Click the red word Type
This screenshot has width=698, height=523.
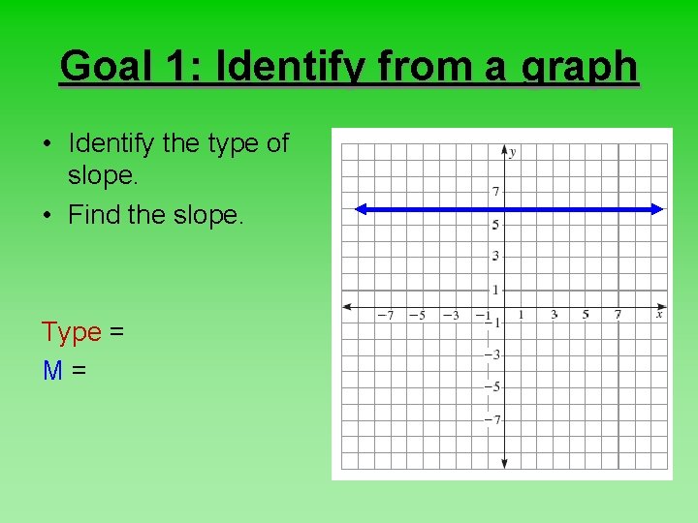coord(72,332)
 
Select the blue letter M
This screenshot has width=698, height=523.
coord(53,369)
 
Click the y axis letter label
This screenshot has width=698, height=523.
coord(513,152)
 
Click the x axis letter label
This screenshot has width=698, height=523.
coord(659,314)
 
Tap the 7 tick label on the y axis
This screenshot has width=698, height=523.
coord(495,192)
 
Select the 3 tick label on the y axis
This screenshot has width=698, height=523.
coord(495,257)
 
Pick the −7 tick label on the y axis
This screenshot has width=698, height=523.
coord(493,419)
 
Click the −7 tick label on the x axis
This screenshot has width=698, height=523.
coord(385,315)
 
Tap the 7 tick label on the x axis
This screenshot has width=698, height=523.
coord(618,315)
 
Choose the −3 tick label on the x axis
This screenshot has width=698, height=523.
coord(450,315)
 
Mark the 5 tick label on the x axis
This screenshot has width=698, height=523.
coord(586,315)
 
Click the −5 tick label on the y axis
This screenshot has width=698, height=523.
coord(493,387)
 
